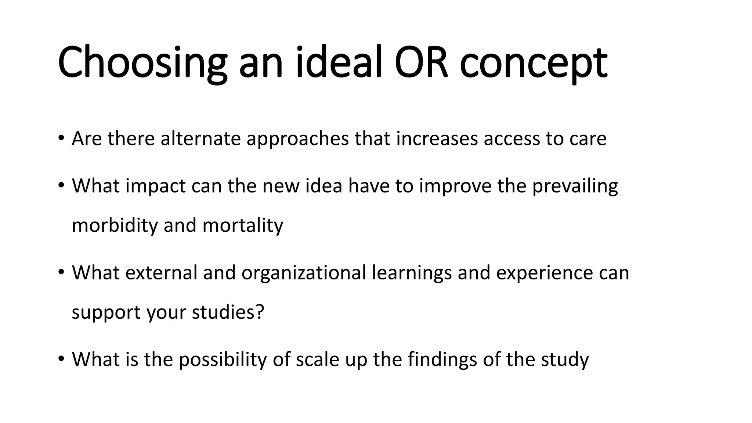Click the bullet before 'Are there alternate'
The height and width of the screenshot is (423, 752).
coord(61,138)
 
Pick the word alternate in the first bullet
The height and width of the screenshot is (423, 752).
coord(200,138)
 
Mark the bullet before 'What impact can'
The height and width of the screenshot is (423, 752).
coord(61,185)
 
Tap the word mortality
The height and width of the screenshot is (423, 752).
coord(242,225)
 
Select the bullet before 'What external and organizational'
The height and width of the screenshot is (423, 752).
coord(61,272)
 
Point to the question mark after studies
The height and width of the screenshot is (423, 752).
coord(260,312)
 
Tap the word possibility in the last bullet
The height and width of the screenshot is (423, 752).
coord(223,359)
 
